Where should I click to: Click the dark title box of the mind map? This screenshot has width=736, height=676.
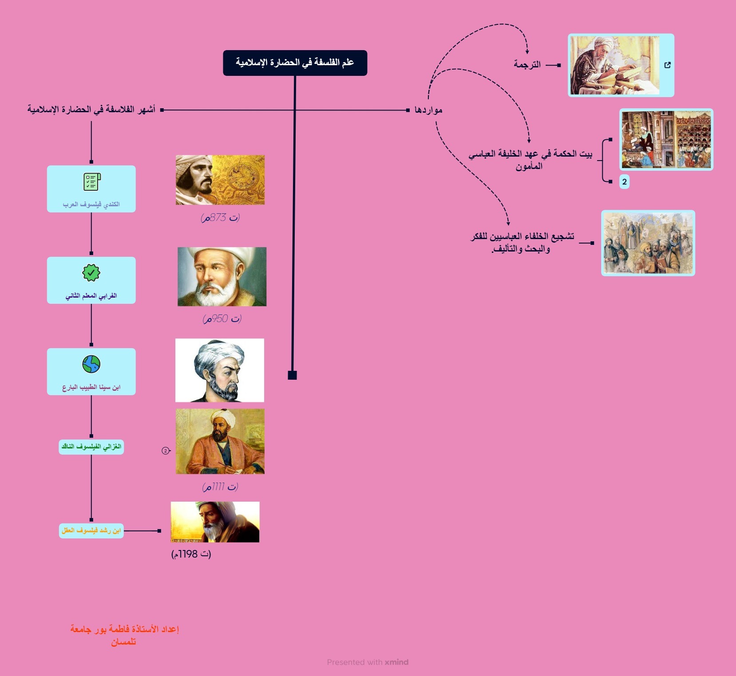(295, 63)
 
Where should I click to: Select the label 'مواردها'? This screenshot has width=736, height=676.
(428, 110)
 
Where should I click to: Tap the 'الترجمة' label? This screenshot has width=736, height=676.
(527, 65)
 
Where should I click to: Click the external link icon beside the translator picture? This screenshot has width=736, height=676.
(667, 65)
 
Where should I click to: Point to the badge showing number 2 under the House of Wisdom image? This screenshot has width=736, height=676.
(624, 181)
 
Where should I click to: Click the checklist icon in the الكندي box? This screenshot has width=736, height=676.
(92, 182)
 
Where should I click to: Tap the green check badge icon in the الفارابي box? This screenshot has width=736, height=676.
(91, 273)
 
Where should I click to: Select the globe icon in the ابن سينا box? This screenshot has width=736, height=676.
(91, 364)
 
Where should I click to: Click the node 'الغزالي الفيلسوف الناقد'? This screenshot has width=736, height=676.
(91, 447)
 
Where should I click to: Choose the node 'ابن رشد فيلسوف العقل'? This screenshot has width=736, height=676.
(91, 531)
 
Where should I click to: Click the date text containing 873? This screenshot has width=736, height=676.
(220, 217)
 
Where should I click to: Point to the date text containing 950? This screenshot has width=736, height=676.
(222, 318)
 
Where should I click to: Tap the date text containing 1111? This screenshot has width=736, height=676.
(220, 487)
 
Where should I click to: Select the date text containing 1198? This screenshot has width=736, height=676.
(191, 554)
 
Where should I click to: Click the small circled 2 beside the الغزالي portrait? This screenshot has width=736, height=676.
(166, 451)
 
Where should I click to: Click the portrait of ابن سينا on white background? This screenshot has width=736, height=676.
(220, 370)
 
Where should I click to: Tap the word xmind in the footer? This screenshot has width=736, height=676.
(396, 662)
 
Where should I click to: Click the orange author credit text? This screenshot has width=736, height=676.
(124, 635)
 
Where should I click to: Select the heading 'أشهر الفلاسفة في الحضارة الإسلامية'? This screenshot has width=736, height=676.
(91, 110)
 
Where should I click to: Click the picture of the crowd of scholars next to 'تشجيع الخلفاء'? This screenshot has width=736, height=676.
(648, 243)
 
